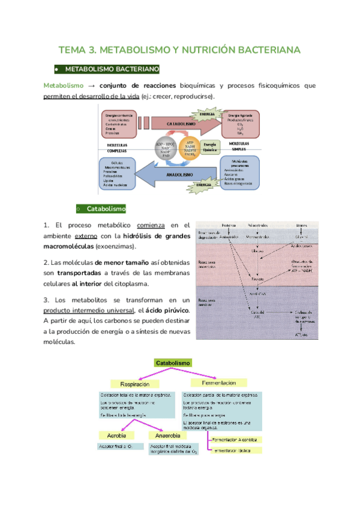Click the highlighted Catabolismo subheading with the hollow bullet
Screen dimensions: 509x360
pos(106,209)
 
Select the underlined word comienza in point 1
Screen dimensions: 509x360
pos(151,225)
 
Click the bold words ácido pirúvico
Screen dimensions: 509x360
pos(167,310)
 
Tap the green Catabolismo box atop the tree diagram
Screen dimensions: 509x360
pos(173,363)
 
